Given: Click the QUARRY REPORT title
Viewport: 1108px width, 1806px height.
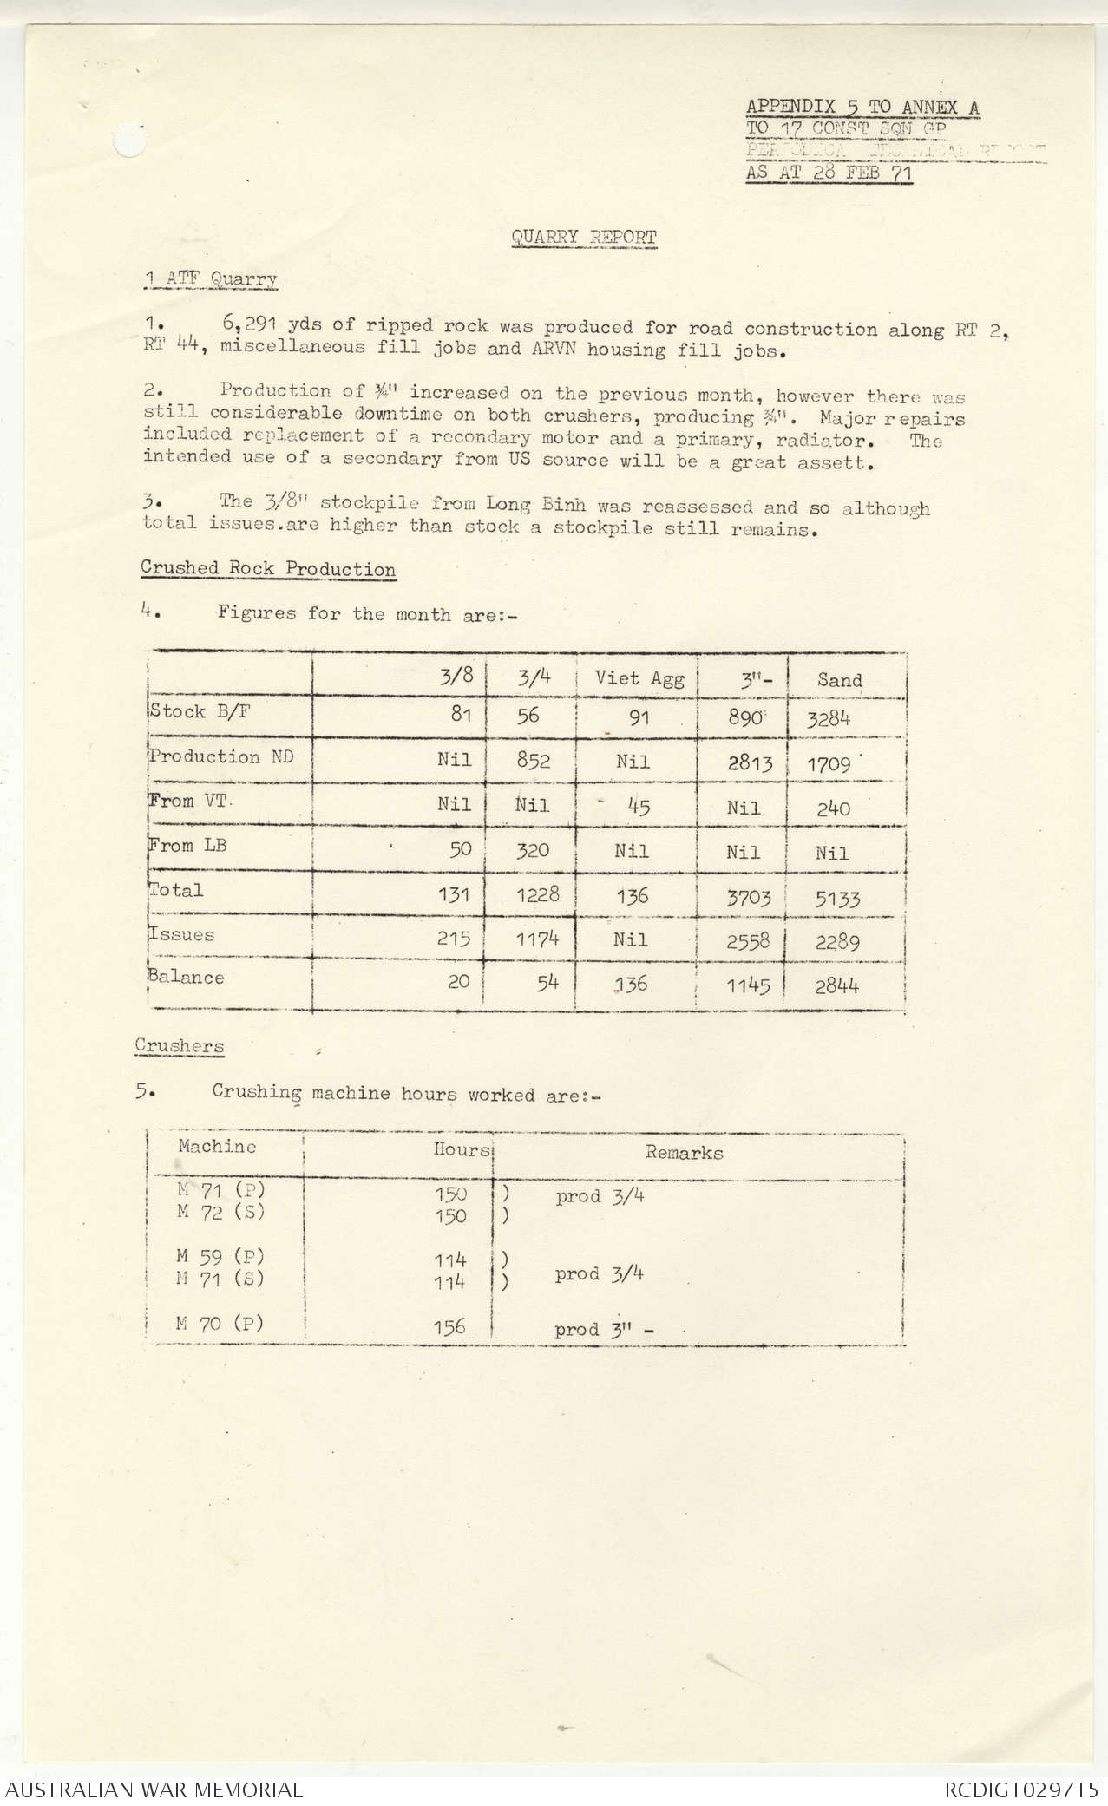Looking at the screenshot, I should pyautogui.click(x=584, y=237).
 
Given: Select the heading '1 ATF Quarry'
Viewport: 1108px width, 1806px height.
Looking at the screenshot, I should pyautogui.click(x=211, y=279).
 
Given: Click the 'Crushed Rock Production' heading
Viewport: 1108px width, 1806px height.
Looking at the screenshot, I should pyautogui.click(x=268, y=569).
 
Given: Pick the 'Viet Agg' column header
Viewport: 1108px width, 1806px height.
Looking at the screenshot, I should pyautogui.click(x=639, y=678).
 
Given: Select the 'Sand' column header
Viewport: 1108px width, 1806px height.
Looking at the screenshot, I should pyautogui.click(x=839, y=680).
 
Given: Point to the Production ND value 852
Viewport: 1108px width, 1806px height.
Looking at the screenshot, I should pyautogui.click(x=532, y=761).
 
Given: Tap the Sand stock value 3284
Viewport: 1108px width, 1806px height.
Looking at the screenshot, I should pyautogui.click(x=829, y=718).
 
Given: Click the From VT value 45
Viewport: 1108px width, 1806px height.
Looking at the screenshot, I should pyautogui.click(x=638, y=807).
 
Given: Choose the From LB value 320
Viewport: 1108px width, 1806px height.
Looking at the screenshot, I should pyautogui.click(x=532, y=850).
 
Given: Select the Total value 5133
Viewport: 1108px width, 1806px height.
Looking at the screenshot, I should pyautogui.click(x=836, y=899).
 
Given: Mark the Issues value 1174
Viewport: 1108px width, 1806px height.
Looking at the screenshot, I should pyautogui.click(x=537, y=939).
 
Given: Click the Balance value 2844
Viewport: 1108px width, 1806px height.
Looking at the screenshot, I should pyautogui.click(x=836, y=985).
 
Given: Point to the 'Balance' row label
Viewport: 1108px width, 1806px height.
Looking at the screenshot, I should pyautogui.click(x=187, y=978).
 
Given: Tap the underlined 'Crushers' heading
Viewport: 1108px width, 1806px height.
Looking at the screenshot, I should pyautogui.click(x=179, y=1045).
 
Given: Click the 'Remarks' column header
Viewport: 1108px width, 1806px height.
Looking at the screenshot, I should pyautogui.click(x=684, y=1152).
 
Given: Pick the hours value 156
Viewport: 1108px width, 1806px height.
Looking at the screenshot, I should pyautogui.click(x=449, y=1326).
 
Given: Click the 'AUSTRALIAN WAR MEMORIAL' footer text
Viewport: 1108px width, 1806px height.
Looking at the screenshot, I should pyautogui.click(x=154, y=1789).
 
